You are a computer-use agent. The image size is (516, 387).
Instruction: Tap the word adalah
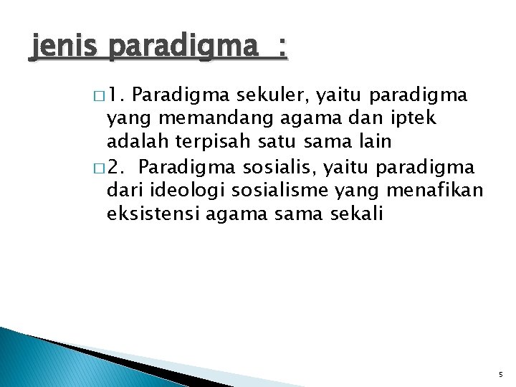point(134,141)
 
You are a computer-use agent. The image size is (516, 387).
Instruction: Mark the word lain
point(371,141)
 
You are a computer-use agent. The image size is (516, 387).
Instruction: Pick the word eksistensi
point(153,214)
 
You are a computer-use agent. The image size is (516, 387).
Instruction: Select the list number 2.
point(120,168)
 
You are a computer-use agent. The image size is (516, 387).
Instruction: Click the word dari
point(124,190)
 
